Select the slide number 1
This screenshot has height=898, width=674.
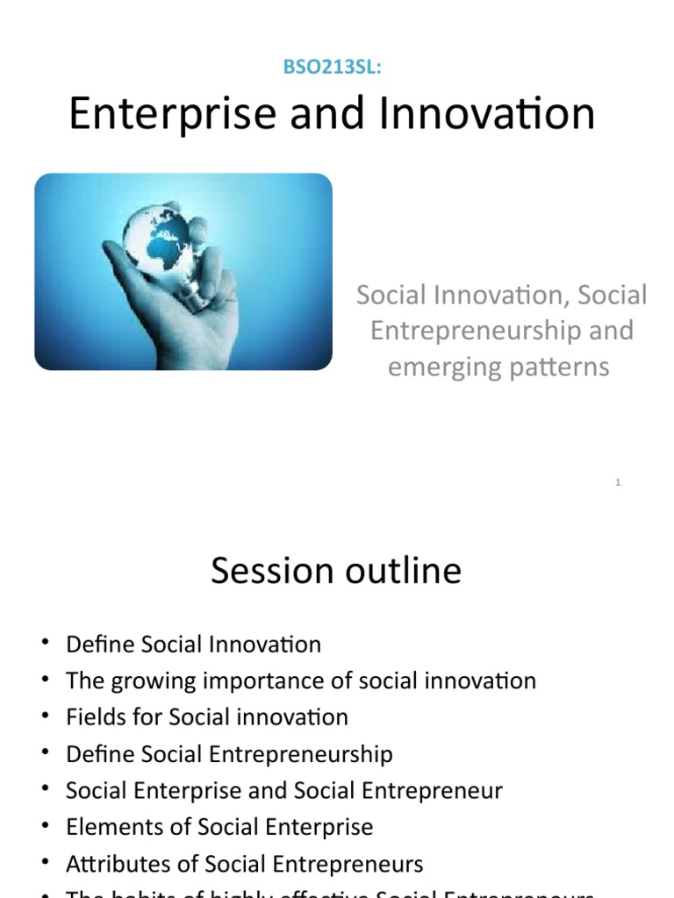618,482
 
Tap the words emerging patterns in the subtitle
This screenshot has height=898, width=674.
498,366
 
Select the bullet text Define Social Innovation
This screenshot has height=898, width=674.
193,645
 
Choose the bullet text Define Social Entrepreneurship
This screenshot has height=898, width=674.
229,753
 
